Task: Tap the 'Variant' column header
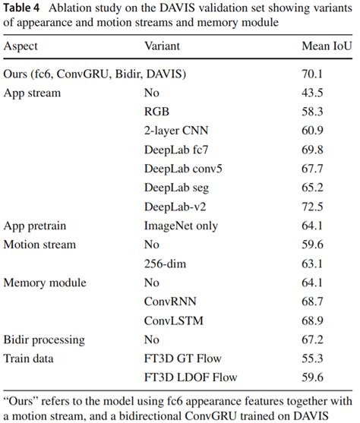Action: pos(163,46)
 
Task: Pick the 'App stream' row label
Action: pos(33,94)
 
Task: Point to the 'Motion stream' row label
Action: pos(40,245)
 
